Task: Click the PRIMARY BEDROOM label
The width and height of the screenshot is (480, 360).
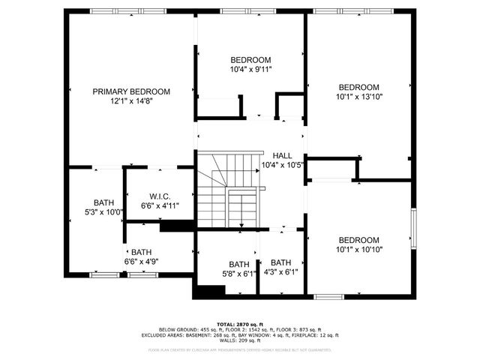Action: coord(131,91)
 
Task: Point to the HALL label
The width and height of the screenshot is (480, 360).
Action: coord(282,155)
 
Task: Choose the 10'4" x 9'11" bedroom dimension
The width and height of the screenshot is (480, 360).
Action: coord(250,69)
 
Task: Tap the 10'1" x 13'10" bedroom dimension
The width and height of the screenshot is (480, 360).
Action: coord(358,96)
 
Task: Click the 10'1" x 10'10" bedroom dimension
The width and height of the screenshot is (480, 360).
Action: coord(358,249)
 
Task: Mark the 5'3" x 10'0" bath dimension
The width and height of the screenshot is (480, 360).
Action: coord(104,211)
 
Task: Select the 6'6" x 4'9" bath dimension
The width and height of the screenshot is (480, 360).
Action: coord(141,261)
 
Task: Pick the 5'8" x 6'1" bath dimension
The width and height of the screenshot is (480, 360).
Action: coord(239,273)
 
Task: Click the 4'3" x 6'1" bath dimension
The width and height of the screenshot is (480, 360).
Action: coord(280,271)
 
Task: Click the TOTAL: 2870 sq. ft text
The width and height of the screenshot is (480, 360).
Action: coord(239,323)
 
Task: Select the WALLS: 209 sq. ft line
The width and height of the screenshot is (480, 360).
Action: coord(239,340)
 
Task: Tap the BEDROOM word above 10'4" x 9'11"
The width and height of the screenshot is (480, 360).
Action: coord(250,60)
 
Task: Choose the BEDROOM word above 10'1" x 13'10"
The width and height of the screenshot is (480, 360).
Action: coord(358,87)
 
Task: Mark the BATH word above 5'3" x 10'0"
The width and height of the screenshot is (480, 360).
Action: coord(104,202)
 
